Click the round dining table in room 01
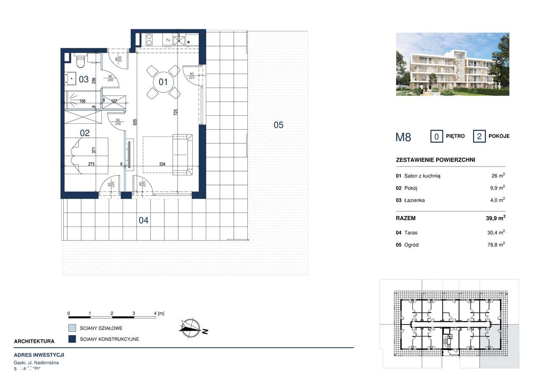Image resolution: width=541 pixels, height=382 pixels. point(163,81)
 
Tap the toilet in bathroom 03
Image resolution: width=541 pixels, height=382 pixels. point(79,63)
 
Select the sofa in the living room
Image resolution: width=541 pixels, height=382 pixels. point(183,154)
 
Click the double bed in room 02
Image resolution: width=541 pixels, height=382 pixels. point(87,155)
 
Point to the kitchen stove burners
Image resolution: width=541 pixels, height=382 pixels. point(149,40)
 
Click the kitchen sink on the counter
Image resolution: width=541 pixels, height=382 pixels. point(179,40)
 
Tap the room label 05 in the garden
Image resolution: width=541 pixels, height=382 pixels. point(278,125)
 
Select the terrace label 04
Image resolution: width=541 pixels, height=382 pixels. point(144,220)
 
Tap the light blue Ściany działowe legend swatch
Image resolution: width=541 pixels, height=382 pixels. point(72,328)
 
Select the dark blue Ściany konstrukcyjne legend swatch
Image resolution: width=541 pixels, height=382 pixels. point(72,339)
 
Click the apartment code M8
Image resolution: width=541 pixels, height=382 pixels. point(403,136)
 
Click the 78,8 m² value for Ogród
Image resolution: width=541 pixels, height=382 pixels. point(496,244)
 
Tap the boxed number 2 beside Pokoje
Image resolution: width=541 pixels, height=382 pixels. point(479,136)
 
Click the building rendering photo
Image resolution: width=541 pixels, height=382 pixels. point(452,64)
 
